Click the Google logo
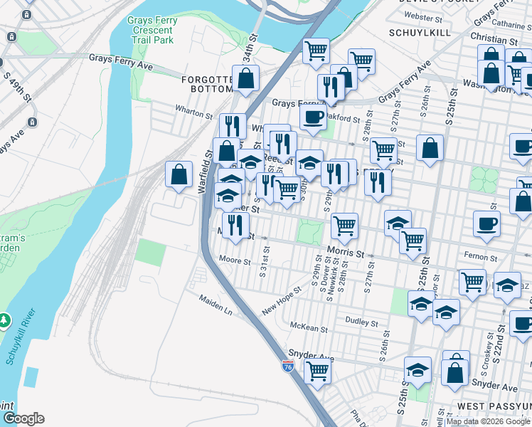click(x=23, y=418)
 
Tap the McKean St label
click(x=309, y=329)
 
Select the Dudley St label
click(x=362, y=322)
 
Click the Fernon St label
click(x=482, y=257)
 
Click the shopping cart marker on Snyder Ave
click(x=316, y=369)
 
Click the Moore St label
click(x=235, y=261)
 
